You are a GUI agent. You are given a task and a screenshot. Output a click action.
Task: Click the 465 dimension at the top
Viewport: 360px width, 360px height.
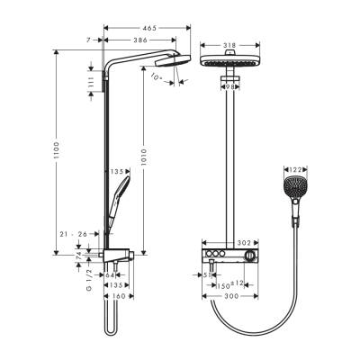click(x=149, y=30)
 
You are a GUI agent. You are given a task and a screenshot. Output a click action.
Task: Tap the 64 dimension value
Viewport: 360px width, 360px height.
click(x=111, y=275)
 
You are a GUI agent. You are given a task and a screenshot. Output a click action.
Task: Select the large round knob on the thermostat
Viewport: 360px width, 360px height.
click(x=261, y=256)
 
